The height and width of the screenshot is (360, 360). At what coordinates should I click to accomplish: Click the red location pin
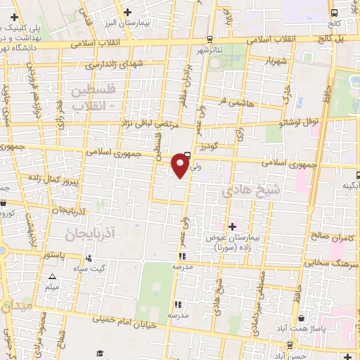coord(181,165)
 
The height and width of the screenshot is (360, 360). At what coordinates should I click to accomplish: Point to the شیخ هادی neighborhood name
coord(241,191)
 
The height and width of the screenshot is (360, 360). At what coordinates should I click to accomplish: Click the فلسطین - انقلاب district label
coord(97,97)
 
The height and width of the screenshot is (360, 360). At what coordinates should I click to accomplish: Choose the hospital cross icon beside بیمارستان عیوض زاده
coord(232,226)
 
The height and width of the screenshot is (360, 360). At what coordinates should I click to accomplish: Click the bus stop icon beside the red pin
coord(187,156)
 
